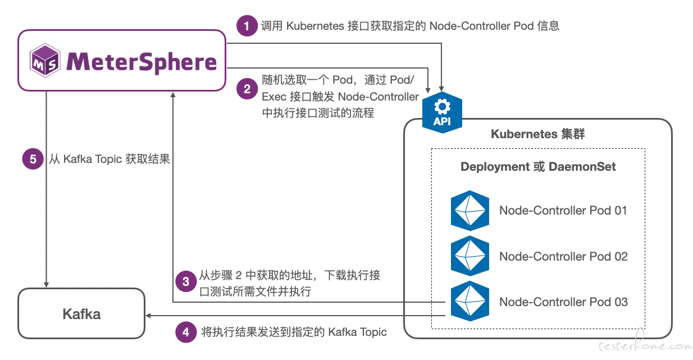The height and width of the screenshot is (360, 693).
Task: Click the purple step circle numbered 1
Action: pyautogui.click(x=247, y=26)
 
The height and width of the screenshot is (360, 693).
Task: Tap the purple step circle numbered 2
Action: pyautogui.click(x=247, y=89)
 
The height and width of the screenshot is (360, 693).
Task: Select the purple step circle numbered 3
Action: pyautogui.click(x=186, y=281)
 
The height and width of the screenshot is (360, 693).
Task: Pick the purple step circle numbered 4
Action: pyautogui.click(x=186, y=332)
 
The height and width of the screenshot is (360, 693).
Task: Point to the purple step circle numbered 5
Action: pyautogui.click(x=33, y=159)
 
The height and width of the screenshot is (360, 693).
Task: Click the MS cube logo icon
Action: pyautogui.click(x=45, y=60)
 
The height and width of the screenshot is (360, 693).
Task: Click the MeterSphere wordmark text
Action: pyautogui.click(x=142, y=62)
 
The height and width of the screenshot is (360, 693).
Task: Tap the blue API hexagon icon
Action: pyautogui.click(x=442, y=112)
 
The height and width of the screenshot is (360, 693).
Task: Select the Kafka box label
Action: pyautogui.click(x=81, y=314)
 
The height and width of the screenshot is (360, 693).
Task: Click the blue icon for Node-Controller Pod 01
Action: pyautogui.click(x=470, y=211)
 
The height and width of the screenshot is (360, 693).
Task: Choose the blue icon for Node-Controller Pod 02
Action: pyautogui.click(x=470, y=256)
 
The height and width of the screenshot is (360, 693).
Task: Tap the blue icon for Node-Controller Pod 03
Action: pyautogui.click(x=470, y=301)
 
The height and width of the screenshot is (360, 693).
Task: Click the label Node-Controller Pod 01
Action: pyautogui.click(x=563, y=211)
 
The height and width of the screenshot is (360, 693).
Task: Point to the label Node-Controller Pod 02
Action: pyautogui.click(x=563, y=257)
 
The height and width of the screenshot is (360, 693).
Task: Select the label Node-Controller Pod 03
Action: pyautogui.click(x=563, y=302)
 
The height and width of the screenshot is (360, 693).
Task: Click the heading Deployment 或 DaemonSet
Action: pyautogui.click(x=538, y=167)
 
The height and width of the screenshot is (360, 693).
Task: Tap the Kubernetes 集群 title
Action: pyautogui.click(x=537, y=134)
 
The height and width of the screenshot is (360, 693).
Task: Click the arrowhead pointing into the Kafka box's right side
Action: pyautogui.click(x=148, y=316)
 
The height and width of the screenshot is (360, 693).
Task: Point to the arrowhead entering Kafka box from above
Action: pyautogui.click(x=47, y=285)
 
